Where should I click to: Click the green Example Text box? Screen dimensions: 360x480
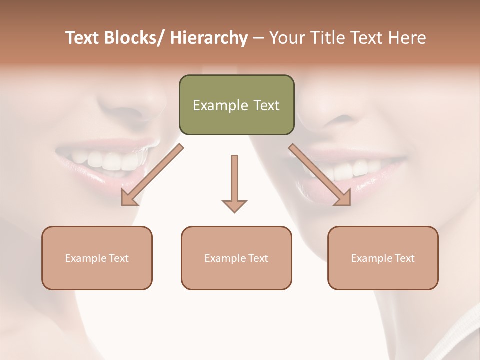coord(236,105)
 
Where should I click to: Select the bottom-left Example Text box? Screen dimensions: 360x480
coord(97,258)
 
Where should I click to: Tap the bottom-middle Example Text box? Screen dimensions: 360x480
coord(236,258)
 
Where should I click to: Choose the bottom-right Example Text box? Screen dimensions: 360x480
coord(383,258)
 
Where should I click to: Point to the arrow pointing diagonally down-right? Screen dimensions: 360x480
coord(320,175)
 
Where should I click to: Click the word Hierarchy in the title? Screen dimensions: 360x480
coord(208,38)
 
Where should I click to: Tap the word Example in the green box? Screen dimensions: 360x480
coord(220,105)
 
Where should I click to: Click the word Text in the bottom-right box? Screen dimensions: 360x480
coord(404,258)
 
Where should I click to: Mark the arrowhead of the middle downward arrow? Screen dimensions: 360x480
coord(234,205)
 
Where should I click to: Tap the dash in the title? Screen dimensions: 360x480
coord(258,38)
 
